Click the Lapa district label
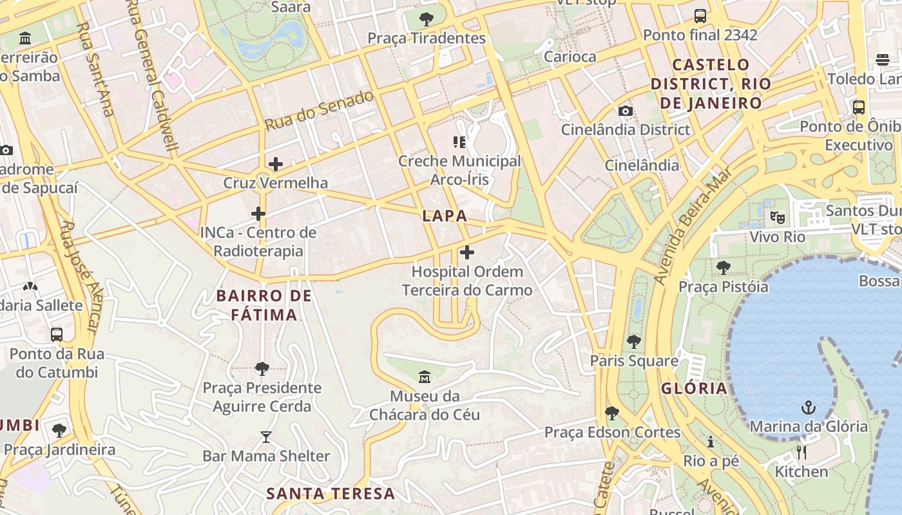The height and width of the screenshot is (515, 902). coord(445,216)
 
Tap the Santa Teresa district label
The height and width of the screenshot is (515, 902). coord(331,494)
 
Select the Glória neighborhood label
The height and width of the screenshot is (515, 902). coord(694,388)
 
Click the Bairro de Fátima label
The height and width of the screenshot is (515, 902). coord(264,305)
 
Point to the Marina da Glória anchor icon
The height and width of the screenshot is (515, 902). coord(808,407)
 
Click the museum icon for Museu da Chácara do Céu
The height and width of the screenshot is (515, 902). coord(425,377)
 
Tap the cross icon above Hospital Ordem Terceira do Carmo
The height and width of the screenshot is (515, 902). coord(467,252)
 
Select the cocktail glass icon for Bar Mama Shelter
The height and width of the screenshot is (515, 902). coord(266,437)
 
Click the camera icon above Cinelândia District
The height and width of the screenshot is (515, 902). coord(625,111)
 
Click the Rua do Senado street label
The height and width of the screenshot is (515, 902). coord(320,111)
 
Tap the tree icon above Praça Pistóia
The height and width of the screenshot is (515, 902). coord(724,267)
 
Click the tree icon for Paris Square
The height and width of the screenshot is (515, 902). coord(634,341)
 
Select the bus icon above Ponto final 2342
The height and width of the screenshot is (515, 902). coord(700,16)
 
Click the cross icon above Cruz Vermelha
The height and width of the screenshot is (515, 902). coord(276,164)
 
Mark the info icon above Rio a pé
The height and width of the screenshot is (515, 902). coord(711,442)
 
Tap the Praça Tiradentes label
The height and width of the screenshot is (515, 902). coord(427,38)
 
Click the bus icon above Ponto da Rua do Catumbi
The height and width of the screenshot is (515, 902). coord(57,335)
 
